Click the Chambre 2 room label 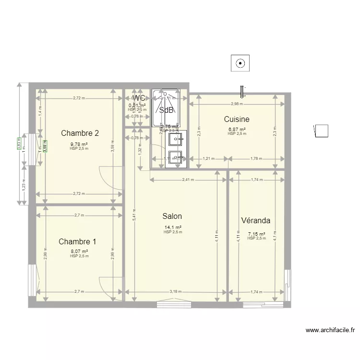click(x=80, y=133)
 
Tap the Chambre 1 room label click(x=77, y=241)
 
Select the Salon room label click(x=172, y=216)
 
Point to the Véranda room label click(x=255, y=221)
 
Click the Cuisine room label click(x=237, y=119)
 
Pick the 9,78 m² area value click(x=79, y=144)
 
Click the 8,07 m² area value click(x=79, y=251)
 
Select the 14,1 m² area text click(x=173, y=228)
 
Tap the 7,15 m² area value click(x=256, y=234)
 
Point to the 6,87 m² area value click(x=237, y=130)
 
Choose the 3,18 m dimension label click(x=176, y=292)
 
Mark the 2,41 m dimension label click(x=188, y=180)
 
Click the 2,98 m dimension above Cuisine click(x=237, y=104)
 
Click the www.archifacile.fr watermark click(x=331, y=330)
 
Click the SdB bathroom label click(x=167, y=110)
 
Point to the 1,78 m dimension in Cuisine click(x=256, y=158)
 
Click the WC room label click(x=139, y=98)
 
